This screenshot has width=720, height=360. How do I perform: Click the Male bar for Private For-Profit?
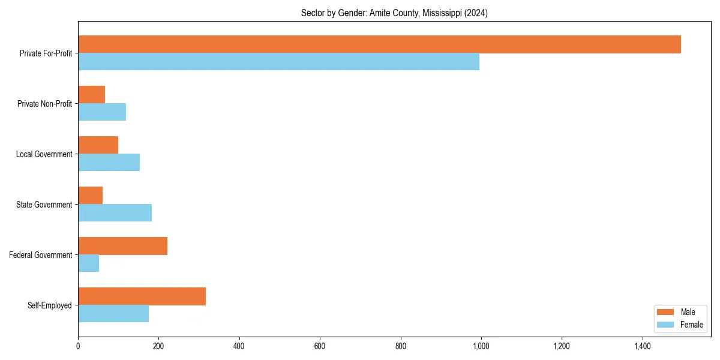click(x=379, y=44)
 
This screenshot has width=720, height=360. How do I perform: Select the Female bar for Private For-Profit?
click(x=278, y=62)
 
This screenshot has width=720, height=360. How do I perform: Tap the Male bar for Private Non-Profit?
click(x=91, y=95)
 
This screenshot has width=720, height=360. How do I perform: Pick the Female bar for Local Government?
click(x=109, y=163)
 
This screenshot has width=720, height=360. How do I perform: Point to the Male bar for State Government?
click(x=90, y=196)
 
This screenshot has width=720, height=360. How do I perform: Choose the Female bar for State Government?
click(x=115, y=213)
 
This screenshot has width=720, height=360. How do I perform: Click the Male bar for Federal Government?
click(x=122, y=246)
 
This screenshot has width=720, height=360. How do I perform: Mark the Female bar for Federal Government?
click(x=88, y=263)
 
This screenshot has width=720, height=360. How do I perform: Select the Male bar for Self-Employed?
click(x=142, y=296)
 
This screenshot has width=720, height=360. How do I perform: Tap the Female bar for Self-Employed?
click(x=113, y=314)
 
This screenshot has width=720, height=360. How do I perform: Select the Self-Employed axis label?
click(x=50, y=305)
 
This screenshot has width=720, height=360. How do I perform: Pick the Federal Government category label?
click(x=41, y=255)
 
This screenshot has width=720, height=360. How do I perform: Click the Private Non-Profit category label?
click(x=44, y=104)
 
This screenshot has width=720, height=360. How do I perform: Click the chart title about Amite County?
click(x=394, y=13)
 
